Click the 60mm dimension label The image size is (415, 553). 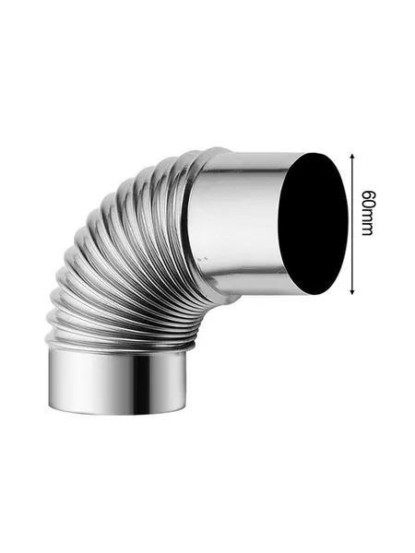coord(367,213)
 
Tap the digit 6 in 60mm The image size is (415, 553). coord(367,194)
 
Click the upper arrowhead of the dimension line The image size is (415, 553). coord(352,157)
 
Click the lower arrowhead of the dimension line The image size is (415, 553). coord(352,290)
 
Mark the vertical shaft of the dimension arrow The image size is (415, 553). coord(352,224)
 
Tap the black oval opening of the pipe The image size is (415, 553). coord(313,224)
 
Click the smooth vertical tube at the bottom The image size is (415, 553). coord(116,381)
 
